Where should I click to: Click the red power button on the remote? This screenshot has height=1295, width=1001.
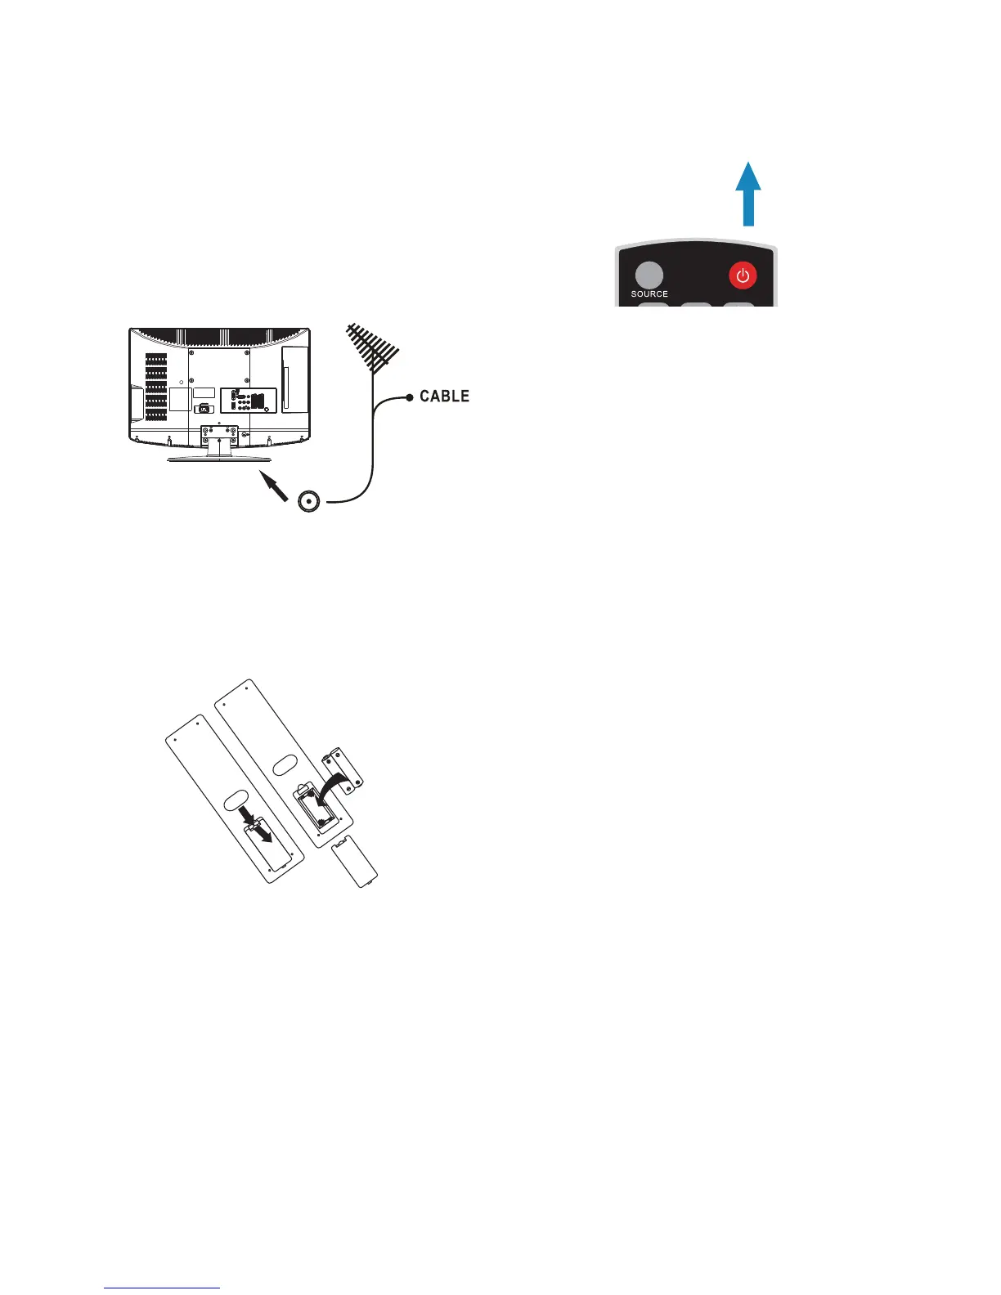[743, 276]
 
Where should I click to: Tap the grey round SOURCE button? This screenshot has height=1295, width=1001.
[649, 275]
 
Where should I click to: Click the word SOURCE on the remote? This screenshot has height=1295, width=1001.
[649, 294]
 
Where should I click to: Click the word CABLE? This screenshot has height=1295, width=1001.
[444, 397]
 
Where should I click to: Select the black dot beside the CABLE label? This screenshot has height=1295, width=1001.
[410, 397]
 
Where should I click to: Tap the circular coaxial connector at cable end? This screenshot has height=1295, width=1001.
[309, 501]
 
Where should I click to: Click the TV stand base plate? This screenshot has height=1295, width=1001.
[218, 460]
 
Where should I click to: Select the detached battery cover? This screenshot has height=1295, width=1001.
[355, 865]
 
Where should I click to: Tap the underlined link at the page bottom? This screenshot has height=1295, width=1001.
[162, 1289]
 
